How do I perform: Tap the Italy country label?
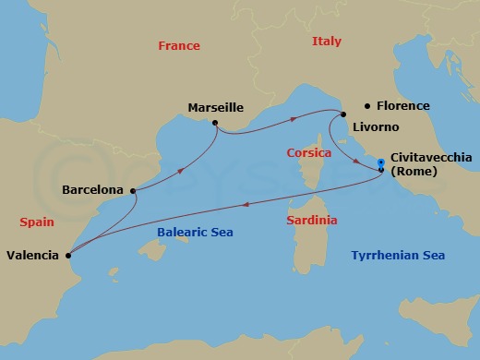point(326,42)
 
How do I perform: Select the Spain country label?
point(36,222)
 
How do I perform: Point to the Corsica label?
point(309,153)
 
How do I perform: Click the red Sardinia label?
point(311,221)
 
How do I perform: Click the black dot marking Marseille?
point(214,123)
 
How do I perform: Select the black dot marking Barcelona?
point(134,191)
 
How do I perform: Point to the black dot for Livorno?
point(342,114)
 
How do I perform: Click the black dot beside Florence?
point(367,106)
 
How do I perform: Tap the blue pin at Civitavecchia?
point(381,165)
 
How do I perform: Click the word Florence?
point(403,106)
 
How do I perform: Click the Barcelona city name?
point(92,190)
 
